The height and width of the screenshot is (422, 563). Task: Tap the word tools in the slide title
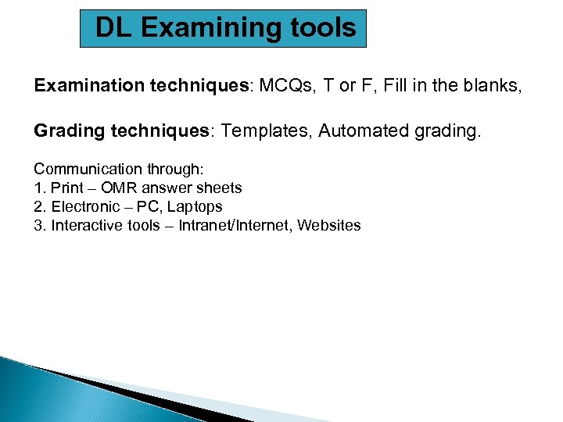pos(323,28)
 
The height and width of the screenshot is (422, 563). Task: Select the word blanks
pos(489,86)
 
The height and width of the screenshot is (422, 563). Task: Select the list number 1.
pos(39,188)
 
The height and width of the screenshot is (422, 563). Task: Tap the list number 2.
pos(39,207)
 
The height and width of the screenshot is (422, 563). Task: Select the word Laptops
pos(195,207)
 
